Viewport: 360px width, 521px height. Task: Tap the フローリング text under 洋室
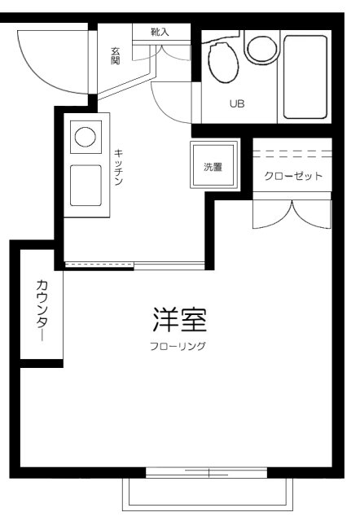tap(178, 347)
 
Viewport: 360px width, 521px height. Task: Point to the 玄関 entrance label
tap(116, 56)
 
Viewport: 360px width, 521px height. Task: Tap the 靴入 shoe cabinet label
tap(160, 32)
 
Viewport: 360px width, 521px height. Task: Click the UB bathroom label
tap(236, 104)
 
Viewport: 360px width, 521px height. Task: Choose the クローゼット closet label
tap(292, 176)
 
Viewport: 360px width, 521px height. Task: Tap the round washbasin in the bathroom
tap(261, 48)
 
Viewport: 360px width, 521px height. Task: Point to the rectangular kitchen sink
tap(85, 185)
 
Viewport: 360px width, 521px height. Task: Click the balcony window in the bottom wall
tap(207, 471)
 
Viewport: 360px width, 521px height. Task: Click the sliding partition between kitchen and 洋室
tap(134, 265)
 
